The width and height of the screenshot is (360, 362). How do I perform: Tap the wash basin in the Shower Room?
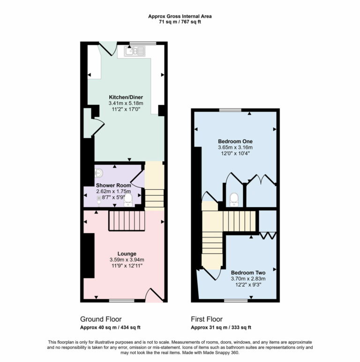pos(98,173)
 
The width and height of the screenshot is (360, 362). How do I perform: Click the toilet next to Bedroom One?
pos(234,199)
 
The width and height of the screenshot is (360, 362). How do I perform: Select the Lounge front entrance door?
pos(153,295)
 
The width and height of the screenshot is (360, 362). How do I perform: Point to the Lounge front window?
pos(122,301)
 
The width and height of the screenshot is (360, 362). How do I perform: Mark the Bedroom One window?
pos(230,110)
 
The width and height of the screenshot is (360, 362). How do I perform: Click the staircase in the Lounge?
pos(126,220)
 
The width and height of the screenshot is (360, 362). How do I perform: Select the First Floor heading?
pos(207,319)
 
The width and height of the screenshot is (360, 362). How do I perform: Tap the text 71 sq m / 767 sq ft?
pos(180,22)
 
